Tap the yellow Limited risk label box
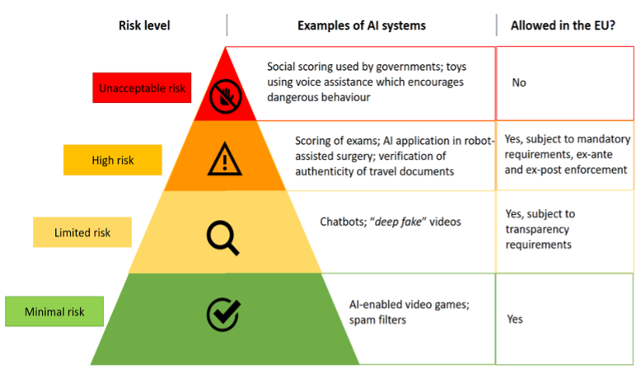point(82,232)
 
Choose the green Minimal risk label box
point(54,312)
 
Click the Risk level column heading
point(144,25)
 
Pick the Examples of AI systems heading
point(362,25)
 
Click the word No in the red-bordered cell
point(519,82)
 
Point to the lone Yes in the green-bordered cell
point(515,319)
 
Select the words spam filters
point(377,319)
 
